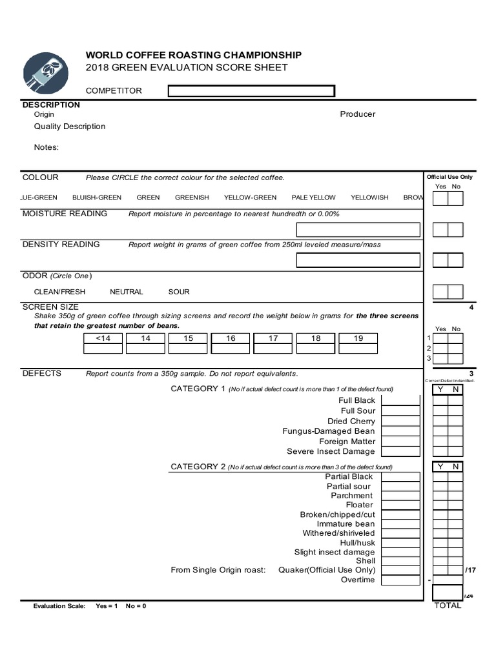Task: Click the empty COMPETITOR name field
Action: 251,91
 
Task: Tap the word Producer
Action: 357,114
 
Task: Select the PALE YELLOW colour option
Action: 313,198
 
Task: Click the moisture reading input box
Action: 358,230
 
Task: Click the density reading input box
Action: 358,260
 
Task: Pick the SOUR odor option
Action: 179,292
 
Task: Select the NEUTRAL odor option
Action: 127,292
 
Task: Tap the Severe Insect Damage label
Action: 331,452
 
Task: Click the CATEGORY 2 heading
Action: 198,467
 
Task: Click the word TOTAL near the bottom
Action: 448,605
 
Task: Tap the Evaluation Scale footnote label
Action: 59,607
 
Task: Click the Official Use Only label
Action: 449,177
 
